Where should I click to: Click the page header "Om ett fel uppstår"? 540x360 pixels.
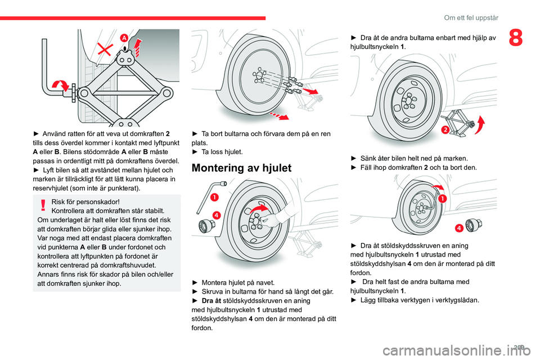(x=471, y=17)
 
